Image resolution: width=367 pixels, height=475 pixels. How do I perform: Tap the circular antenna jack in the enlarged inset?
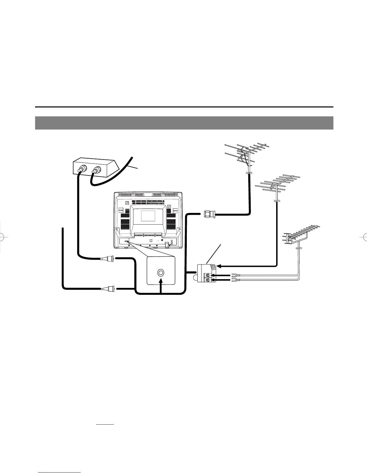[x=161, y=273]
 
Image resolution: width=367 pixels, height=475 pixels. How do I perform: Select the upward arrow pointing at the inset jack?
[x=161, y=285]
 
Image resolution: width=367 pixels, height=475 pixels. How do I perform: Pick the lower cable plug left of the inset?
[x=108, y=289]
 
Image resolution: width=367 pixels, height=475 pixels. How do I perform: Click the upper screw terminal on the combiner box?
[x=207, y=275]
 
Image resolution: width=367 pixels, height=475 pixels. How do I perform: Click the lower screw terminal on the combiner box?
[x=207, y=280]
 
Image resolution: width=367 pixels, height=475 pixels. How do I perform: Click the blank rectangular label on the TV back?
[x=148, y=216]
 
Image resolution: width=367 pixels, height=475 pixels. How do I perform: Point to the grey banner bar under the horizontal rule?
[x=184, y=123]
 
